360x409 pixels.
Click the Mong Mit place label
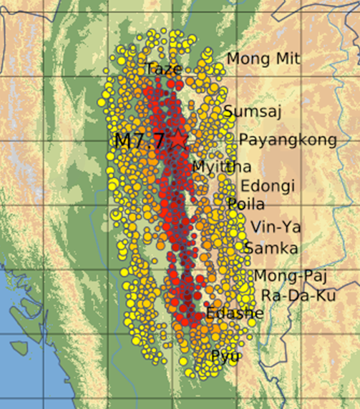263,59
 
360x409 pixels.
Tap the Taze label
162,69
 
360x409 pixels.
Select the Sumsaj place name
253,111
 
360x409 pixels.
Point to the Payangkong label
288,140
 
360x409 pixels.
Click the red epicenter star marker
178,139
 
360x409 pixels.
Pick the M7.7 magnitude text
140,139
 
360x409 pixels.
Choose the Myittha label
222,167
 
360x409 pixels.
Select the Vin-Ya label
276,228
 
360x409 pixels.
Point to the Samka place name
271,248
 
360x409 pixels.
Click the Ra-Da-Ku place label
293,295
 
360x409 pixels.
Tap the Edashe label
234,313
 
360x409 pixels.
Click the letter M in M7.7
122,139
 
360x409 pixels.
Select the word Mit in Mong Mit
287,59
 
